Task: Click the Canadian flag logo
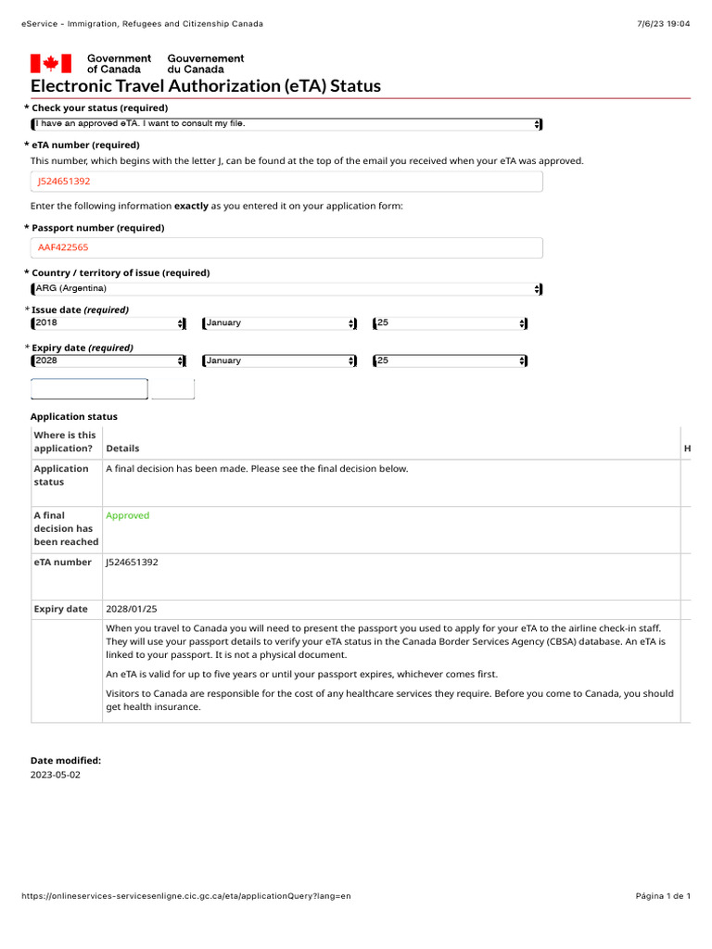51,63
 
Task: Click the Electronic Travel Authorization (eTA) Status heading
206,86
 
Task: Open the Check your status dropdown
286,124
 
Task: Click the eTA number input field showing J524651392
286,182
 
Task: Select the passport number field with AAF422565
286,247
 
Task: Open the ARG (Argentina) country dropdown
286,289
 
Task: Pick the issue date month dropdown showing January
279,323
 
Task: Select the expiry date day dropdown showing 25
450,361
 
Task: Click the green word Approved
128,515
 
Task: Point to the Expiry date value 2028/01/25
132,609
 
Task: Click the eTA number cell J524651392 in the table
138,562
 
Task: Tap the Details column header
123,449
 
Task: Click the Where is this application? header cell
65,441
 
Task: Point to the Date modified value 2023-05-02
56,775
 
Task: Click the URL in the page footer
186,896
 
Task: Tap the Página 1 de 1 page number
663,896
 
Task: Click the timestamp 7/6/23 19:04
665,24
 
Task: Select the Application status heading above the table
74,417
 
